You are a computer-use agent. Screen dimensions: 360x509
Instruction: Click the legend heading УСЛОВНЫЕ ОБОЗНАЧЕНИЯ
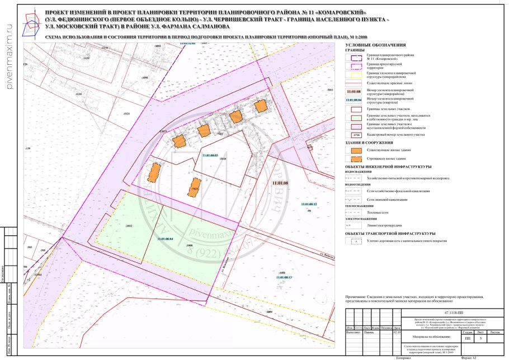(375, 45)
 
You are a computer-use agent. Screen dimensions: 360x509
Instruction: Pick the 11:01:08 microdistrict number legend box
(353, 91)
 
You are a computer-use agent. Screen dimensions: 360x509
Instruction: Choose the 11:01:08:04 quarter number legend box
(353, 100)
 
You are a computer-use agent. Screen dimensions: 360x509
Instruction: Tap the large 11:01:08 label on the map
(279, 183)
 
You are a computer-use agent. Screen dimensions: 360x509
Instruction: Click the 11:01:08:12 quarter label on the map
(308, 205)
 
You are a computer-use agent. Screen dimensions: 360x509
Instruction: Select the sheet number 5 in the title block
(480, 338)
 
